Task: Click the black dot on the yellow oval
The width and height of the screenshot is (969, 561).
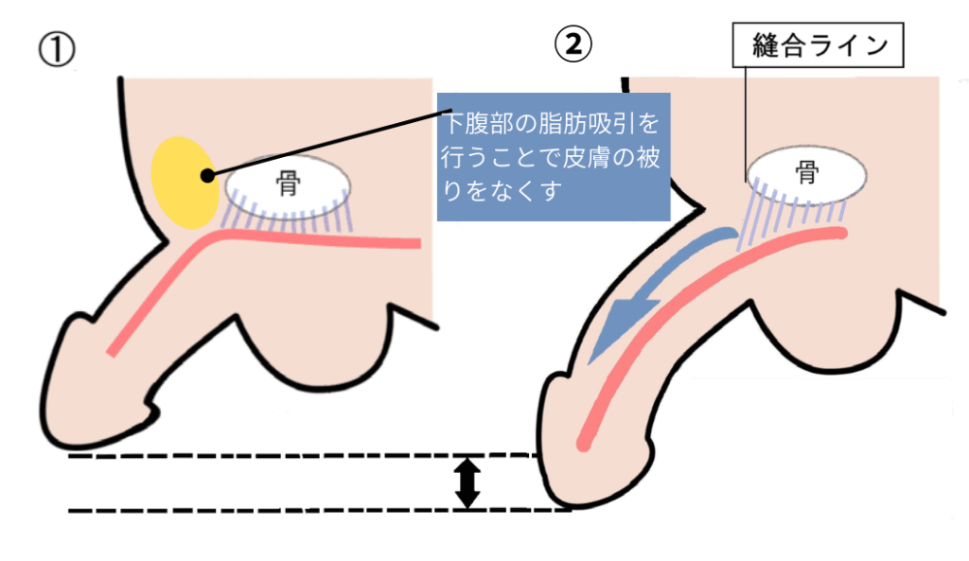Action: [x=207, y=173]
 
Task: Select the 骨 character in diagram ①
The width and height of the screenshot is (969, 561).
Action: [x=287, y=184]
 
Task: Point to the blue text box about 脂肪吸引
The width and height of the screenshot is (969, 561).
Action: [x=553, y=156]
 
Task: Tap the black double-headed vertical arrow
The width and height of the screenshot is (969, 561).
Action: [x=467, y=482]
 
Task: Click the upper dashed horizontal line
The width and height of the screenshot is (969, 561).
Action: [x=284, y=456]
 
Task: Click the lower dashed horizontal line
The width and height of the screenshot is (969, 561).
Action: [x=284, y=511]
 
